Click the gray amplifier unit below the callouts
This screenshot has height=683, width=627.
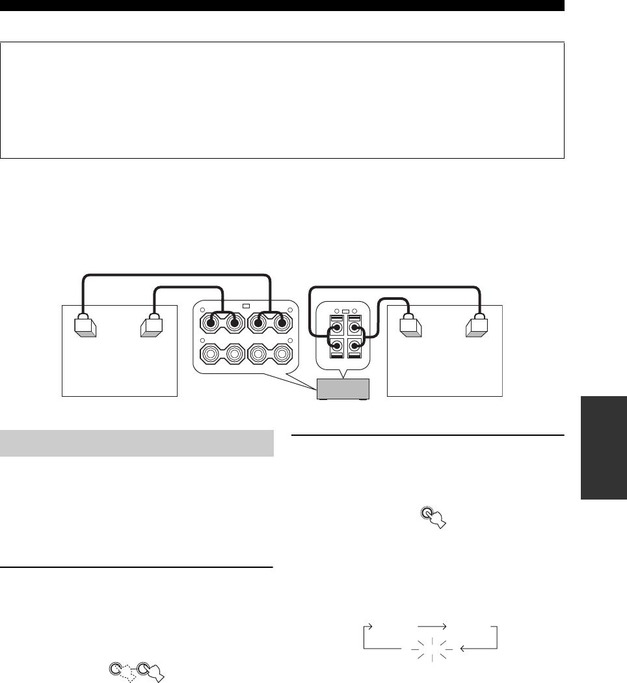[x=342, y=390]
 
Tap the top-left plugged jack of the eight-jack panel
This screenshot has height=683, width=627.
[x=213, y=322]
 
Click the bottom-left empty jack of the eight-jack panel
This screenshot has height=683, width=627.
[x=213, y=355]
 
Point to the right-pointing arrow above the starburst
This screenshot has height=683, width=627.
[x=431, y=626]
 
